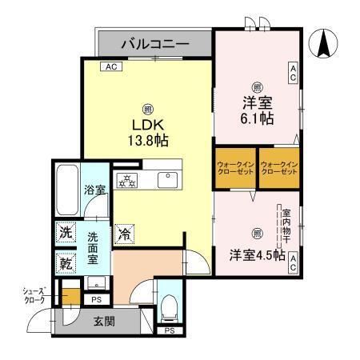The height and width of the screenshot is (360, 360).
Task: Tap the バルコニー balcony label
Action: click(x=155, y=43)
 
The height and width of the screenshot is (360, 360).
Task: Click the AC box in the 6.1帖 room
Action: click(x=293, y=74)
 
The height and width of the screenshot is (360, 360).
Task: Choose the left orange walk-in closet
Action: click(x=234, y=168)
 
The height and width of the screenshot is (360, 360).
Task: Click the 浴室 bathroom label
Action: click(x=96, y=190)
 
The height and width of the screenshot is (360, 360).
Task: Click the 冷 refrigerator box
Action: click(x=125, y=234)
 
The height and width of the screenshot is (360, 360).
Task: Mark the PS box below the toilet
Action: click(x=169, y=330)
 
